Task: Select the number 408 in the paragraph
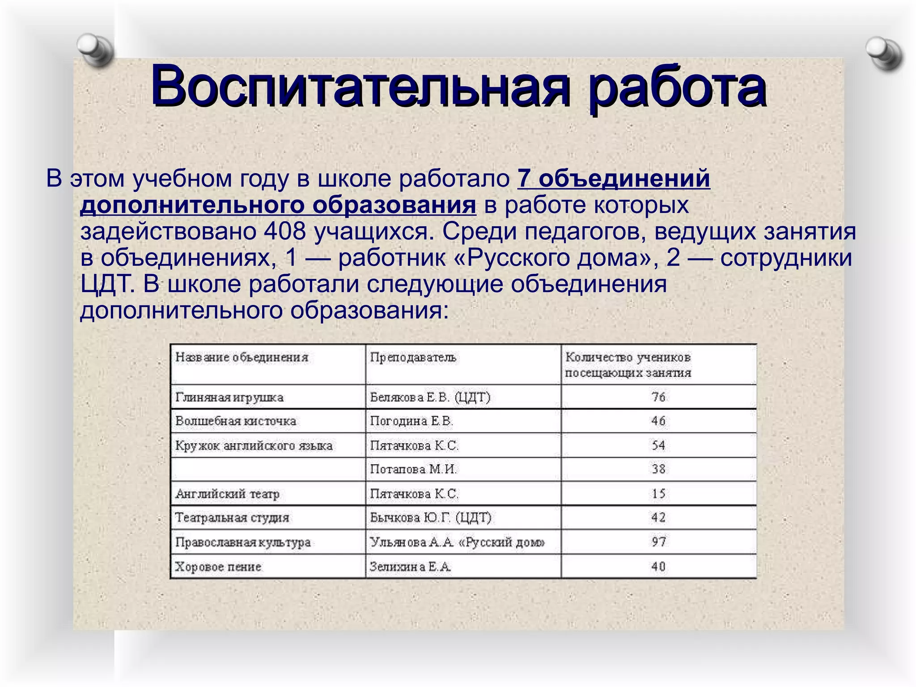click(285, 231)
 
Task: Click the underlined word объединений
click(624, 178)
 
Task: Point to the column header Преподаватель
click(413, 357)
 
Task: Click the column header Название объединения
click(242, 357)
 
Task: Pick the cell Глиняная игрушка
click(229, 397)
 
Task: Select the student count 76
click(658, 397)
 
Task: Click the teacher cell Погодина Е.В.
click(411, 421)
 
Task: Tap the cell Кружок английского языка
click(254, 445)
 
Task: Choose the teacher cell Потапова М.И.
click(413, 470)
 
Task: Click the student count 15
click(658, 494)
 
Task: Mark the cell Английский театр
click(228, 494)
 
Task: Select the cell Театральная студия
click(232, 518)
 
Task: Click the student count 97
click(658, 542)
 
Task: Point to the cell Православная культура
click(243, 542)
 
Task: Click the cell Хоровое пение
click(218, 567)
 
